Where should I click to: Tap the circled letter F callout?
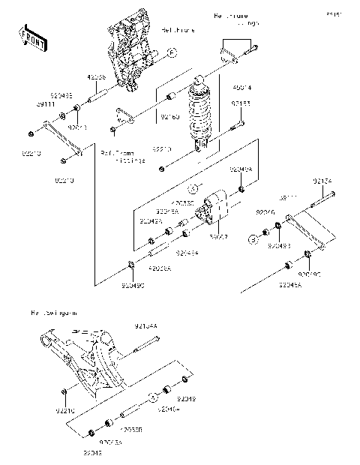tap(172, 53)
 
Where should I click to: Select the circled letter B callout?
tap(254, 239)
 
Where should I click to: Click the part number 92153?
tap(241, 103)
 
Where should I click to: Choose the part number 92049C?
tap(133, 286)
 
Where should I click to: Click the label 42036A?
tap(160, 268)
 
